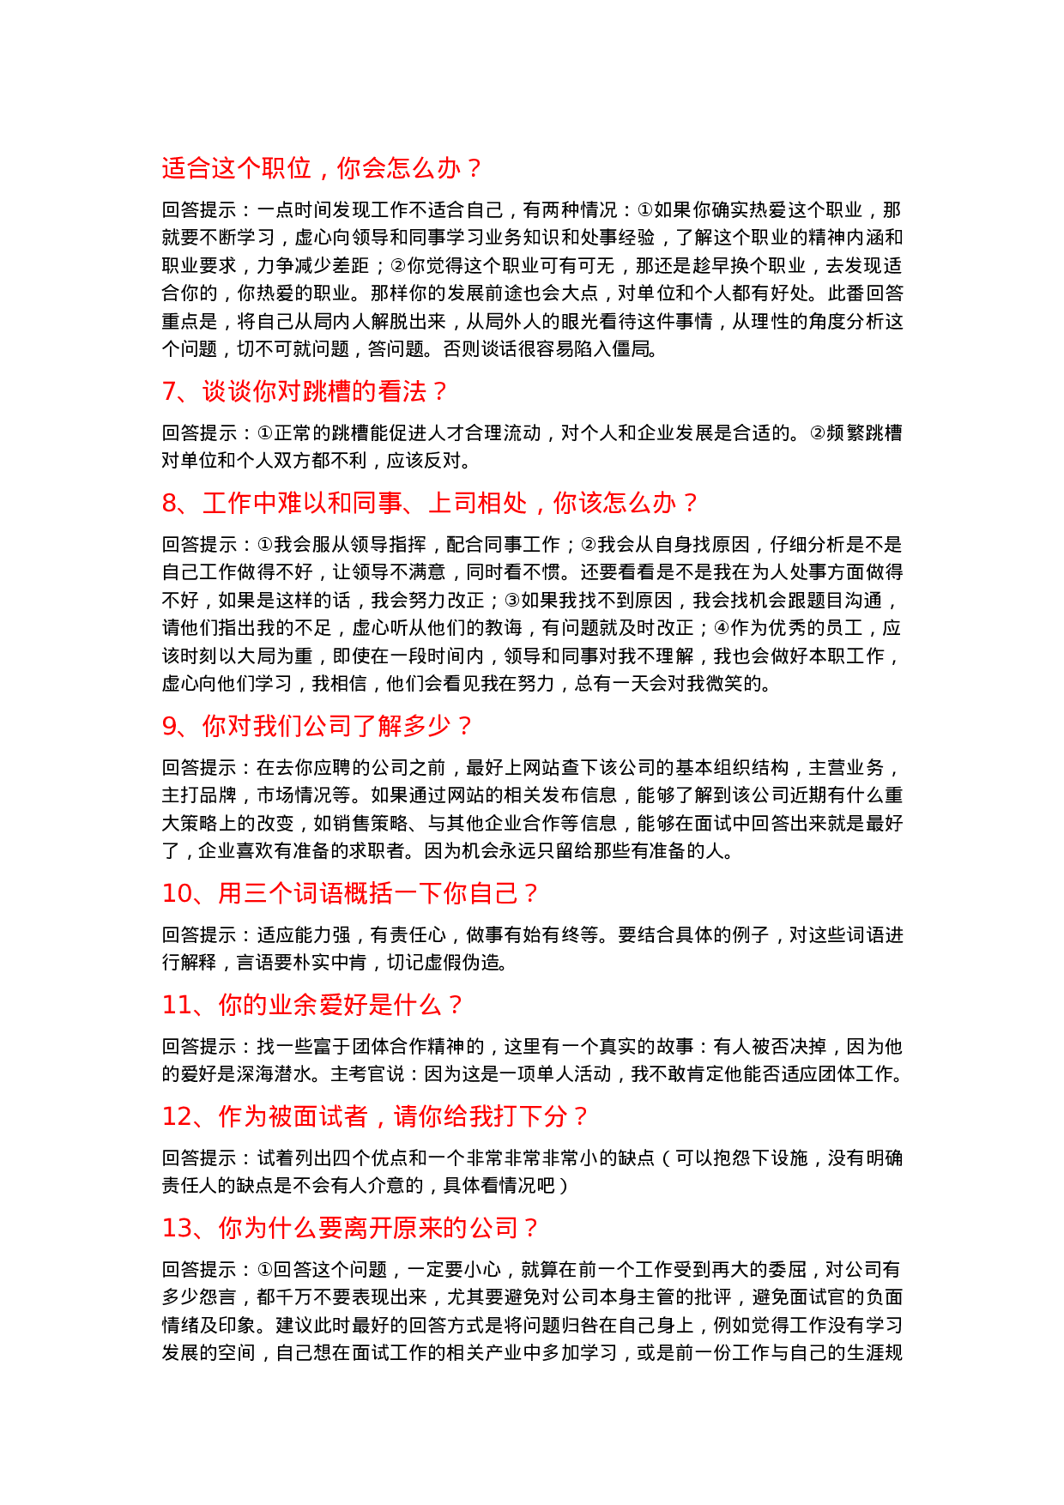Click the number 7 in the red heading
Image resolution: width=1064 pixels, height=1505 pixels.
point(170,392)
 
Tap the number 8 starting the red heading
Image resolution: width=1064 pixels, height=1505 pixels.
point(170,504)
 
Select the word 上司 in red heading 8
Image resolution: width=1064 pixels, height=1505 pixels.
point(452,504)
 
